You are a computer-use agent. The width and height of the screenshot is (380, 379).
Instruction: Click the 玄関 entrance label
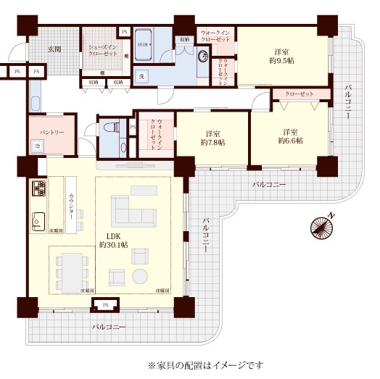[x=54, y=49]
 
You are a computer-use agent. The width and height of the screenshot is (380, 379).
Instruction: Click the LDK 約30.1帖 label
[x=113, y=241]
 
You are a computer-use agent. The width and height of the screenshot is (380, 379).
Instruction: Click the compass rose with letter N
[x=322, y=226]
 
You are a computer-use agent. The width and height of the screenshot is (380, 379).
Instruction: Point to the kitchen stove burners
[x=38, y=191]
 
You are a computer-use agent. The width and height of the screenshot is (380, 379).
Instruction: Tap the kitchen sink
[x=38, y=220]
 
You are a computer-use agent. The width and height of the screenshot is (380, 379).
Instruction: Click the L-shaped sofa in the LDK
[x=133, y=210]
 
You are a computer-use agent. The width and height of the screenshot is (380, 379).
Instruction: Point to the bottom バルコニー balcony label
[x=109, y=328]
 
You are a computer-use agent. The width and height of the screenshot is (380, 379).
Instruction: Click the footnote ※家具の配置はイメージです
[x=205, y=365]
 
